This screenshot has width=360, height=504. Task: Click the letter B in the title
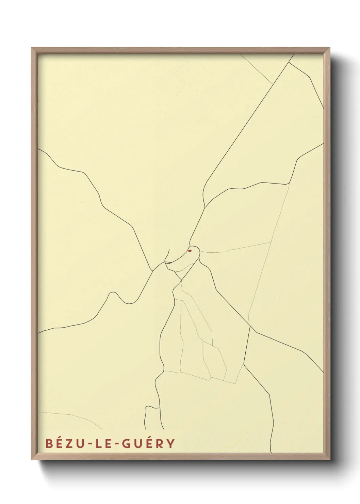[x=49, y=443]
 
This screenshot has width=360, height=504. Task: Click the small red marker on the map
[x=190, y=251]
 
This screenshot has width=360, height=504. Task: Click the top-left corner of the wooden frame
[x=32, y=48]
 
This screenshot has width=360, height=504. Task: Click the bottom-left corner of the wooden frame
[x=32, y=459]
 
